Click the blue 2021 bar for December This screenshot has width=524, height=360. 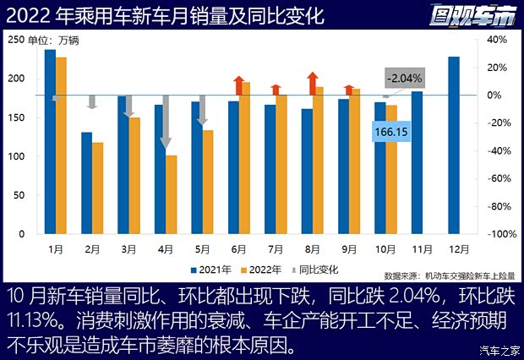pyautogui.click(x=454, y=145)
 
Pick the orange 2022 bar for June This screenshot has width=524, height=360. pyautogui.click(x=245, y=158)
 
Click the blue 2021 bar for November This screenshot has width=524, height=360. pyautogui.click(x=417, y=163)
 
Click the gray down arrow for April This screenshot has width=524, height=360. pyautogui.click(x=166, y=123)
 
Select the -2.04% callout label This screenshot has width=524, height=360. pyautogui.click(x=403, y=79)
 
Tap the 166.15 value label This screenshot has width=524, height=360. pyautogui.click(x=391, y=132)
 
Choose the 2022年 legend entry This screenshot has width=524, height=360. pyautogui.click(x=259, y=270)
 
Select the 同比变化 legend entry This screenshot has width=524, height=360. pyautogui.click(x=315, y=270)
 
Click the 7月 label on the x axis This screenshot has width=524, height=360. pyautogui.click(x=276, y=249)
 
